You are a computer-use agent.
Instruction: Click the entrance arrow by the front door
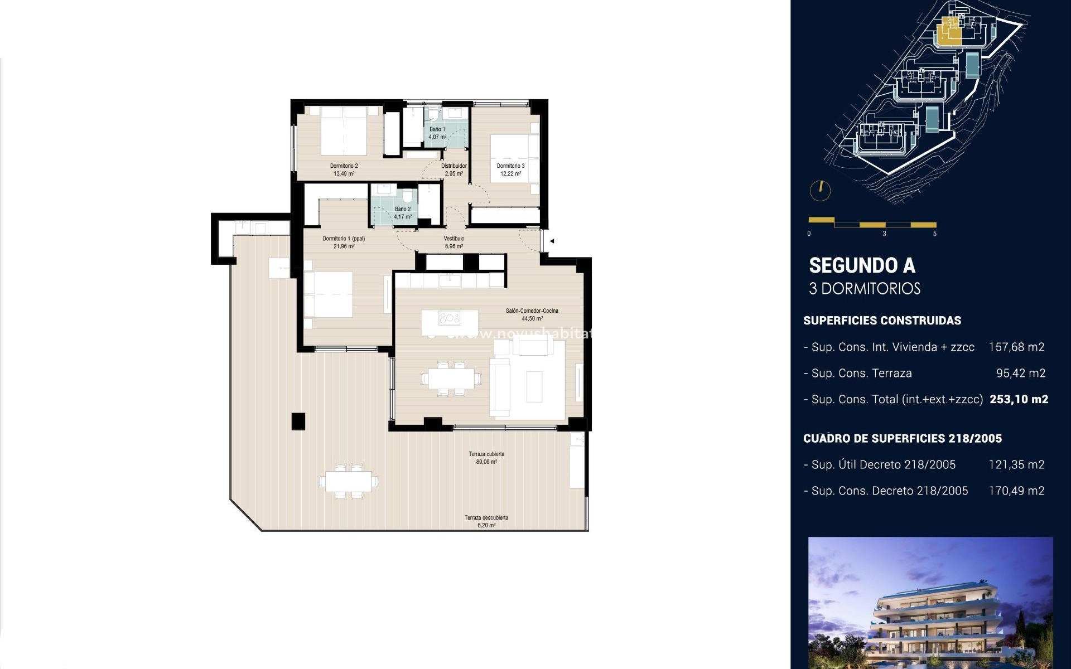(552, 241)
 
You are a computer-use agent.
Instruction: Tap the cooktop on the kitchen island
(449, 318)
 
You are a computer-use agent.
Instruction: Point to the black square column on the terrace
(298, 421)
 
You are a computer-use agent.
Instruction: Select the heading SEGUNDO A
(862, 266)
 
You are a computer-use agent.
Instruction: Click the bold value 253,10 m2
(1019, 399)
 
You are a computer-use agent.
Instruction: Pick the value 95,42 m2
(1020, 373)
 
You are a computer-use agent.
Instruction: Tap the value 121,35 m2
(1016, 464)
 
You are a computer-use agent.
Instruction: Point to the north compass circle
(820, 191)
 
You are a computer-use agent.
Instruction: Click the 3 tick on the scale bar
(884, 234)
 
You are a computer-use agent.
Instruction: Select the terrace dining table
(349, 481)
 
